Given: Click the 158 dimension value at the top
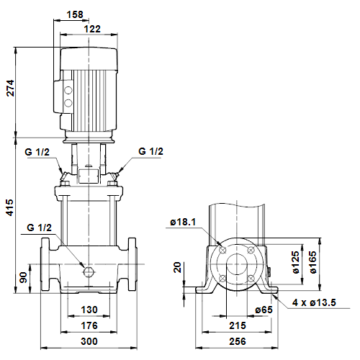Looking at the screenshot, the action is (x=75, y=14).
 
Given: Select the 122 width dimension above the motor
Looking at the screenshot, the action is (x=92, y=29).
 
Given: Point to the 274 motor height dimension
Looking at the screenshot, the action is (x=10, y=89).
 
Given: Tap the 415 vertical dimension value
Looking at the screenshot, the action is (x=10, y=207).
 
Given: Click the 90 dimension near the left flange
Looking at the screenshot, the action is (x=23, y=277).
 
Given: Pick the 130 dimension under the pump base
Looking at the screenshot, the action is (x=89, y=310).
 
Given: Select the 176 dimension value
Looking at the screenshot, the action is (x=89, y=325).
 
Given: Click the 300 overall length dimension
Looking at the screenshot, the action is (x=89, y=341).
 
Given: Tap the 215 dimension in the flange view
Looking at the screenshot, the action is (x=238, y=325).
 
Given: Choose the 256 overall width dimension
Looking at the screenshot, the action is (x=238, y=341).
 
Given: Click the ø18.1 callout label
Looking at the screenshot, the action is (x=183, y=222).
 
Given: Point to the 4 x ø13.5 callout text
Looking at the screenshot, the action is (x=314, y=302).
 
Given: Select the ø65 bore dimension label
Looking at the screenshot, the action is (x=264, y=310).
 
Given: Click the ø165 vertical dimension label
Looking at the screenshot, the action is (x=313, y=262).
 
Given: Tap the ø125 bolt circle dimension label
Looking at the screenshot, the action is (x=296, y=262).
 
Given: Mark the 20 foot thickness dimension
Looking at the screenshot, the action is (x=177, y=267).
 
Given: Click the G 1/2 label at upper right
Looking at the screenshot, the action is (x=150, y=151).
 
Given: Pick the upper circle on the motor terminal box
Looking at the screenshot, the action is (x=68, y=90).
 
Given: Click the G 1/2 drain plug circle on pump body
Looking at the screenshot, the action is (x=89, y=272).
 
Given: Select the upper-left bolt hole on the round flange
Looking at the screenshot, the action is (x=222, y=250).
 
